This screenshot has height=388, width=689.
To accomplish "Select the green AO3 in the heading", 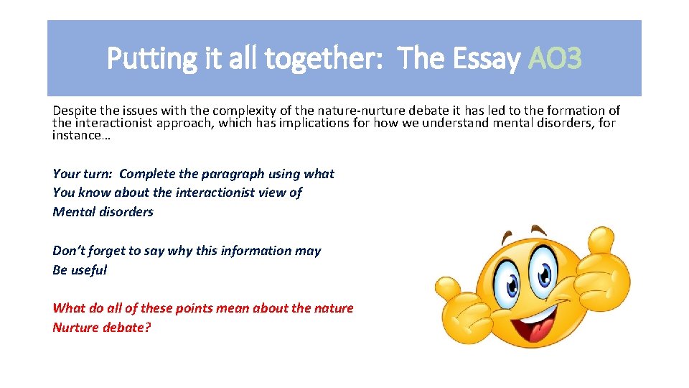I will [555, 59].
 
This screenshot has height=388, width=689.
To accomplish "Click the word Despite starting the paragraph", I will [74, 111].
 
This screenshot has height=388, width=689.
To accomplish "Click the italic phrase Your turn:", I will [83, 174].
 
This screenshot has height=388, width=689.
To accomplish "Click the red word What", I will [69, 308].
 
